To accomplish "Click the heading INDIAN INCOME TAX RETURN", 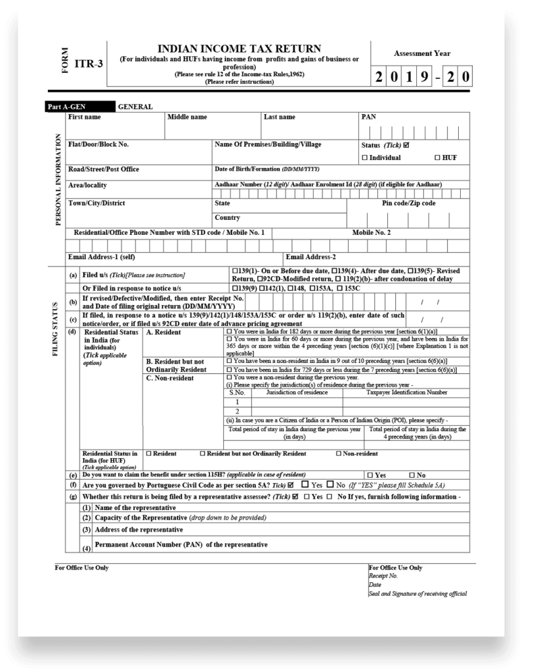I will (x=239, y=49).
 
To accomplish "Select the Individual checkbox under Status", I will (x=365, y=157).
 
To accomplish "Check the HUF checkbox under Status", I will (x=437, y=157).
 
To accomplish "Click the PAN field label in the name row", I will (x=368, y=117).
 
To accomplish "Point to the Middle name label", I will (x=187, y=117).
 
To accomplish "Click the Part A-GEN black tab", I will (x=66, y=106).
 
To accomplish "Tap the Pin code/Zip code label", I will (x=408, y=203).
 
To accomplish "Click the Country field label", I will (x=227, y=217).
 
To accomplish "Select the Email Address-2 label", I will (x=310, y=256).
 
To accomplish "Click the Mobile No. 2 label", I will (x=371, y=232).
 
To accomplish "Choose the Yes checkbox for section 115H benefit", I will (x=371, y=474).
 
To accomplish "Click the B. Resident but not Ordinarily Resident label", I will (x=175, y=366).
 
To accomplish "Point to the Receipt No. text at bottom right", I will (x=383, y=576).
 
